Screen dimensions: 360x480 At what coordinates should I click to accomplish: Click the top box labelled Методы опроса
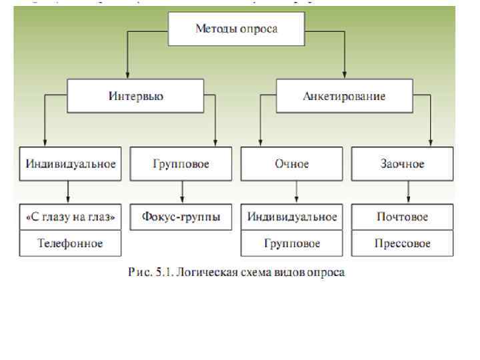236,29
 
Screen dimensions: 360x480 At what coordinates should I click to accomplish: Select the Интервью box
136,96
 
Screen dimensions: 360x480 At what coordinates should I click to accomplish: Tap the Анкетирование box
344,96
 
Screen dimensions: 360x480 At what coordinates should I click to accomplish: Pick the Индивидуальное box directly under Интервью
71,164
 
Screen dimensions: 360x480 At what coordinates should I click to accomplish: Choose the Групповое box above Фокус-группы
181,164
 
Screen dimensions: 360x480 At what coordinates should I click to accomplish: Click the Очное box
292,164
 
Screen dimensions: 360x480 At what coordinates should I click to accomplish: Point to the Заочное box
402,164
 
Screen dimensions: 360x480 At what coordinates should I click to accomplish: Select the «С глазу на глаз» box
71,217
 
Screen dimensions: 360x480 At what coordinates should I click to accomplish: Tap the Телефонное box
71,243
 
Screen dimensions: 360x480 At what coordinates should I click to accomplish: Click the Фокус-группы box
181,217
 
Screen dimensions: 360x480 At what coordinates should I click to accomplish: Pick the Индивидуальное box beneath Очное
292,217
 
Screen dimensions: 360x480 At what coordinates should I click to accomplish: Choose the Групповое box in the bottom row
292,243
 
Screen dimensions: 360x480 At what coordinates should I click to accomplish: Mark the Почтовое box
402,217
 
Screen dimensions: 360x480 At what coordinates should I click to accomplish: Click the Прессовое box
402,243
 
